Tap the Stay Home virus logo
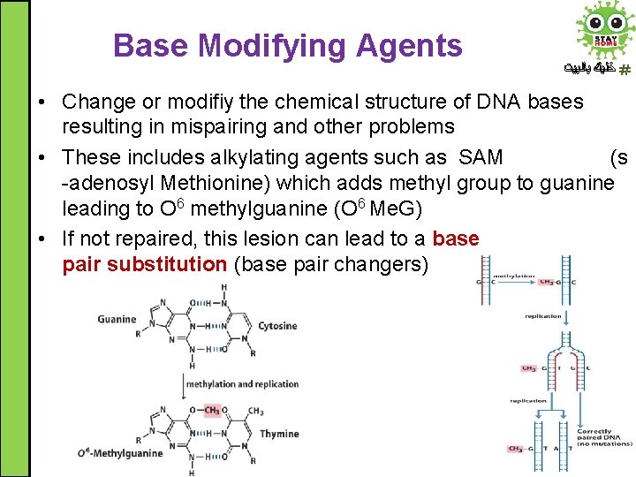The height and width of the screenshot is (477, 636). coord(604,30)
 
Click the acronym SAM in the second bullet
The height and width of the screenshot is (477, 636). coord(480,158)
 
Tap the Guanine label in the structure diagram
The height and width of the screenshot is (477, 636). coord(117,319)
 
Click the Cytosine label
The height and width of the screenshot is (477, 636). coord(277,326)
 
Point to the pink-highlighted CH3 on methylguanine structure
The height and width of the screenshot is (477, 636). coord(212,410)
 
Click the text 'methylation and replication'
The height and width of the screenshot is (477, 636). coord(243,384)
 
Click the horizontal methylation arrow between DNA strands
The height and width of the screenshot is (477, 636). coord(513,282)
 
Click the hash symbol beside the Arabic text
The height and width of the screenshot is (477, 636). coord(625,69)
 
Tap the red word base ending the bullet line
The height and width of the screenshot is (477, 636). coord(456,239)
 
